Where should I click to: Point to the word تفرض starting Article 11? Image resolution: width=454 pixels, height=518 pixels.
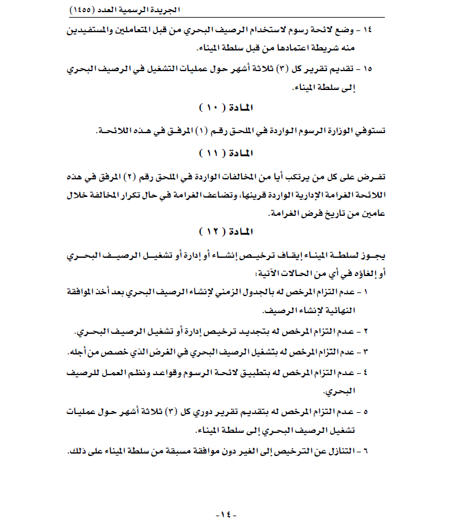coord(375,175)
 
